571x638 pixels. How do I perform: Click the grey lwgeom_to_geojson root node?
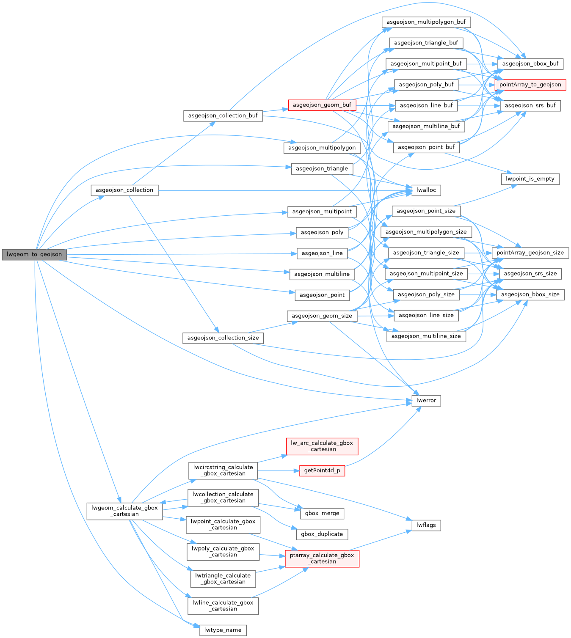tap(34, 254)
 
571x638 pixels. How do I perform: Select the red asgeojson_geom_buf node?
tap(322, 105)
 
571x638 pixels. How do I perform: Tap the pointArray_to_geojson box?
tap(530, 85)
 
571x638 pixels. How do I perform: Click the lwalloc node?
tap(426, 190)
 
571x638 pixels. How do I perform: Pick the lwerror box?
tap(426, 400)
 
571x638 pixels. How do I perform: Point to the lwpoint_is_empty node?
tap(530, 179)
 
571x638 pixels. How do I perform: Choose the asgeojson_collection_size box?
tap(223, 338)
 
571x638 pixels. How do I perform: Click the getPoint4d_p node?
tap(322, 470)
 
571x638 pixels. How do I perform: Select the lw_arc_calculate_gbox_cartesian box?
tap(322, 446)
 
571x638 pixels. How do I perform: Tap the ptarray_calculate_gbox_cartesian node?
tap(322, 558)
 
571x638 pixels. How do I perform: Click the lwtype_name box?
tap(223, 630)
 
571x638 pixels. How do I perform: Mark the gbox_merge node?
tap(322, 513)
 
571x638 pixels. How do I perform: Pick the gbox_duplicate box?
tap(322, 534)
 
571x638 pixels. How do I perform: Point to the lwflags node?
tap(426, 525)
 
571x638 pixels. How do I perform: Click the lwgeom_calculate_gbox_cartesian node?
tap(124, 511)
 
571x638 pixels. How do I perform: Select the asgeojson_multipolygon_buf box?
tap(426, 22)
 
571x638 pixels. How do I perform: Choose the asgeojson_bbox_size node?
tap(530, 294)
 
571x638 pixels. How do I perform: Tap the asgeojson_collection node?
tap(124, 190)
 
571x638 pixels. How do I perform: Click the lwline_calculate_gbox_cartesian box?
tap(223, 606)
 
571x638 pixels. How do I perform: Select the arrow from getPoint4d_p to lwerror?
tap(381, 442)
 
